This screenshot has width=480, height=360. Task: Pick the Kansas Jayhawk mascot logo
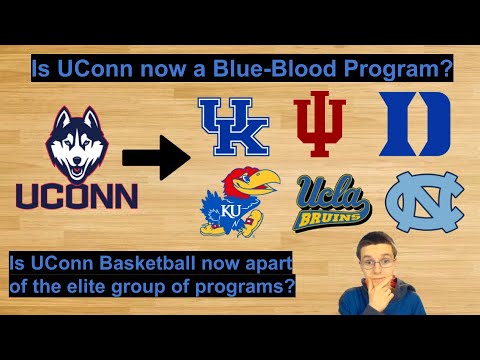coord(235,203)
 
